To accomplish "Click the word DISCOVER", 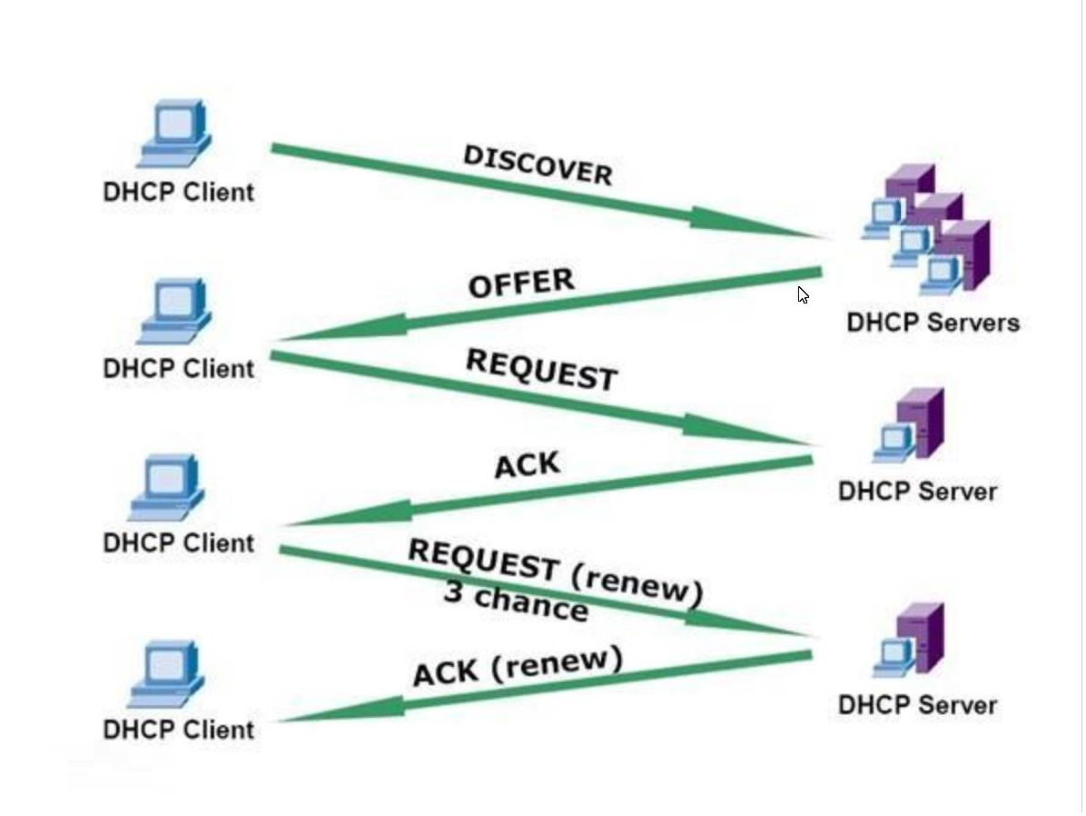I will click(x=538, y=164).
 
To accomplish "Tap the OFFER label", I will click(x=521, y=283).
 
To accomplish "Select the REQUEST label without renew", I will click(x=541, y=369).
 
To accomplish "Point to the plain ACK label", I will click(x=527, y=465).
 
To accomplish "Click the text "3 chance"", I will click(x=515, y=601).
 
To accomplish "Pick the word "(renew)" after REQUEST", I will click(x=638, y=585).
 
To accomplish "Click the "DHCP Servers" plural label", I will click(x=933, y=323).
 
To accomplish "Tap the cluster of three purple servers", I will click(x=926, y=229).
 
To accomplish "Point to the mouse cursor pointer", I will click(x=803, y=294).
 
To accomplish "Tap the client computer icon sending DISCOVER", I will click(x=174, y=134).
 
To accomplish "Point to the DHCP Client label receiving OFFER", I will click(x=179, y=369).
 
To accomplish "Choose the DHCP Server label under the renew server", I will click(x=917, y=705).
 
